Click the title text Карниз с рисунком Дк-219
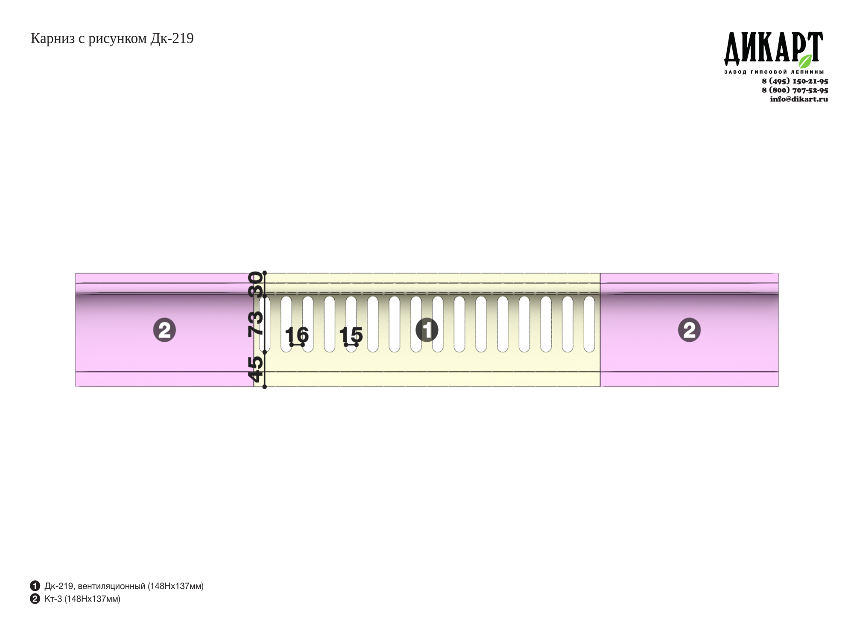point(112,39)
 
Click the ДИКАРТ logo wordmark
point(773,49)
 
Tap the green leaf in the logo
point(805,61)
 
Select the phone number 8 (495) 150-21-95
point(795,81)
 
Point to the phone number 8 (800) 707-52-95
point(795,90)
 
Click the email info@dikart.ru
point(799,99)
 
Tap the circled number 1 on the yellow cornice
point(427,330)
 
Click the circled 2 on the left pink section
point(164,330)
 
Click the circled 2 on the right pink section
point(689,330)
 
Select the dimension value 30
point(255,284)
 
